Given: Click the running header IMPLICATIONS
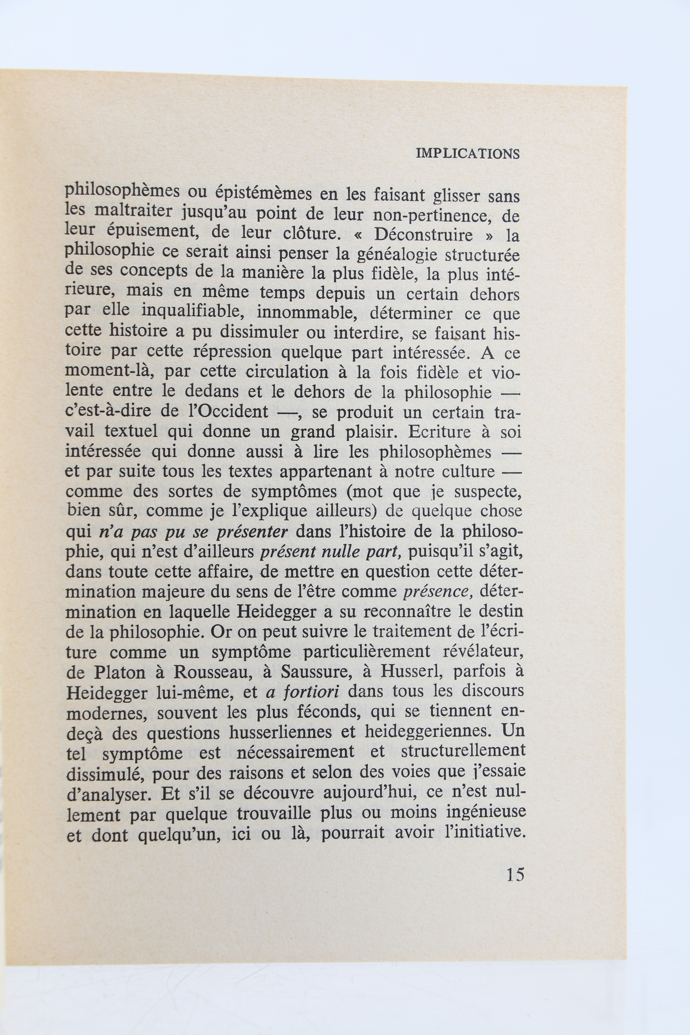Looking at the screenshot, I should (468, 154).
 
